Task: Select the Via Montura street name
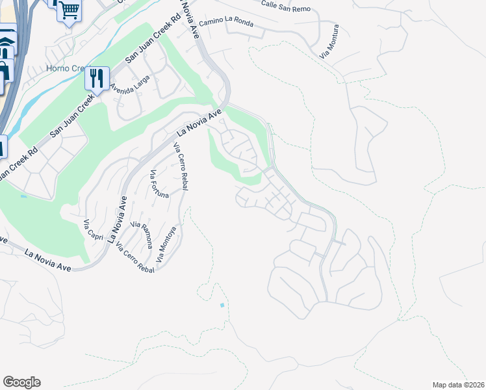(329, 42)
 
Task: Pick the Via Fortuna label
(159, 184)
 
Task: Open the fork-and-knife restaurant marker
(97, 79)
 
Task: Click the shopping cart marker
(69, 10)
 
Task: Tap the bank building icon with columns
(5, 47)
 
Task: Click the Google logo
(21, 382)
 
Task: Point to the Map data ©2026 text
(459, 385)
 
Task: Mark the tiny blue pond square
(223, 305)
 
